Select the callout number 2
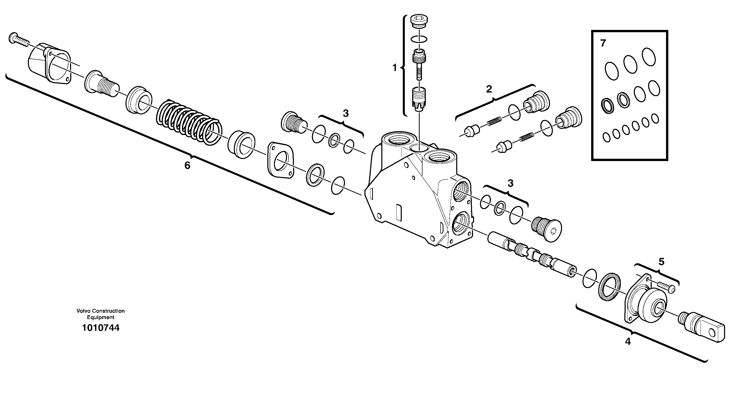point(489,89)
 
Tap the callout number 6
point(187,165)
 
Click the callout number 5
point(661,262)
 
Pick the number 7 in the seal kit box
point(603,43)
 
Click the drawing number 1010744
point(101,328)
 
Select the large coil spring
point(189,121)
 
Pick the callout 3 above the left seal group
point(346,114)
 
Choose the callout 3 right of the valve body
point(510,183)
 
